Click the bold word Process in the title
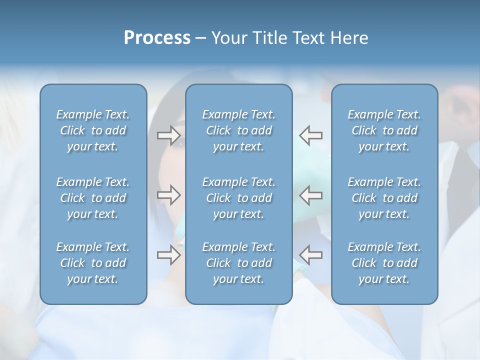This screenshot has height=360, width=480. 157,38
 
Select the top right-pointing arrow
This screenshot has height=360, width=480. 168,135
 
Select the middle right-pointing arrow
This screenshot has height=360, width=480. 168,195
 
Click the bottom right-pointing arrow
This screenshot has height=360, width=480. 168,254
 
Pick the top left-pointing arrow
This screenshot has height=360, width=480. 311,135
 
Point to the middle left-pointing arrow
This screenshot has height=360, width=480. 311,195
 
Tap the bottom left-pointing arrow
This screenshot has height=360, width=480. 311,254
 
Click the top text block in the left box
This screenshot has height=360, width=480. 93,130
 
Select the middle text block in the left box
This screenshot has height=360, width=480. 93,198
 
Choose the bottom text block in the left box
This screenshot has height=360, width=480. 93,263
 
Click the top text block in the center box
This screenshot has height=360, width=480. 239,130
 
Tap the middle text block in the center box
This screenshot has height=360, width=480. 239,198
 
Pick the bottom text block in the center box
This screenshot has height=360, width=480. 239,263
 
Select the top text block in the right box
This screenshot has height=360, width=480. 384,130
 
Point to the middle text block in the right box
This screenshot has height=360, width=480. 384,198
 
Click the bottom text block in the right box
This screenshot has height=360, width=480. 384,263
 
